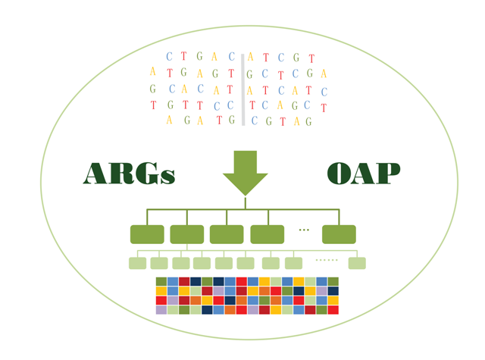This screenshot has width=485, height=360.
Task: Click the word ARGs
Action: (129, 174)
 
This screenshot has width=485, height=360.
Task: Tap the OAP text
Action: (364, 174)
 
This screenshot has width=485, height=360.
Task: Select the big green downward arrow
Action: (246, 174)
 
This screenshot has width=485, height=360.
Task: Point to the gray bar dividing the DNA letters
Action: (243, 89)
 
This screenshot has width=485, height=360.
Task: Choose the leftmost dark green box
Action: (147, 234)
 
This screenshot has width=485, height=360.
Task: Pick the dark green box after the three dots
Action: (339, 234)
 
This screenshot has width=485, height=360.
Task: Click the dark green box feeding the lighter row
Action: (187, 234)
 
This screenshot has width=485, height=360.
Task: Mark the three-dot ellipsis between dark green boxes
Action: (304, 230)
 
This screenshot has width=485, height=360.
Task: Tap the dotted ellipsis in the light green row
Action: (327, 260)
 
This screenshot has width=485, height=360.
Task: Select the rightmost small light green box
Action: (357, 263)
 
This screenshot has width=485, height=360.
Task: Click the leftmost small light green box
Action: (138, 263)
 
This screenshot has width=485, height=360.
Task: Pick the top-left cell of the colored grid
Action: (161, 281)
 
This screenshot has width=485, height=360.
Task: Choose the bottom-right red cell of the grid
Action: (333, 310)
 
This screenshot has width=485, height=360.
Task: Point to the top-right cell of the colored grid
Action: (333, 281)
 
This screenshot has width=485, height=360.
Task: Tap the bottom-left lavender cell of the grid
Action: (161, 310)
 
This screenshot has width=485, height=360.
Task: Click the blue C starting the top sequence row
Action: (169, 56)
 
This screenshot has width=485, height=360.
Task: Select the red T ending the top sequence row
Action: (311, 58)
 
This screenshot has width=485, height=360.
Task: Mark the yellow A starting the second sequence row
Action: (152, 71)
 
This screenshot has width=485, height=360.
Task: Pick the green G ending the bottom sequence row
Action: (308, 121)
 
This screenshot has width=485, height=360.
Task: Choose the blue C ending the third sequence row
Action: (324, 92)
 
